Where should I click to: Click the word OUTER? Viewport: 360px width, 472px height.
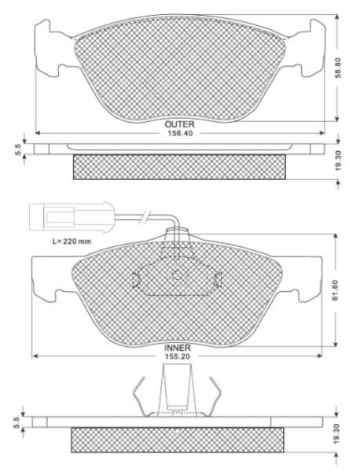tap(179, 124)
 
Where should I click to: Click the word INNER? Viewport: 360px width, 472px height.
tap(178, 348)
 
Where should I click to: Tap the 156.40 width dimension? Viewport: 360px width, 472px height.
tap(180, 134)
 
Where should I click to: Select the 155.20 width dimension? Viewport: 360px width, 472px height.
tap(177, 356)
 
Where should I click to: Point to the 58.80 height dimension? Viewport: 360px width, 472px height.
tap(338, 68)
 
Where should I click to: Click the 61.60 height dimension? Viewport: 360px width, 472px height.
tap(336, 289)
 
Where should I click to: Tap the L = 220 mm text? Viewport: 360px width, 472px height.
tap(72, 242)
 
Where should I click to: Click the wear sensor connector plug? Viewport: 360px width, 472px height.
tap(72, 217)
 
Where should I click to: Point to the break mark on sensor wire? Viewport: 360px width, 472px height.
tap(145, 216)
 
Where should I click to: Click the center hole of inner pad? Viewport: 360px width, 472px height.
tap(177, 275)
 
